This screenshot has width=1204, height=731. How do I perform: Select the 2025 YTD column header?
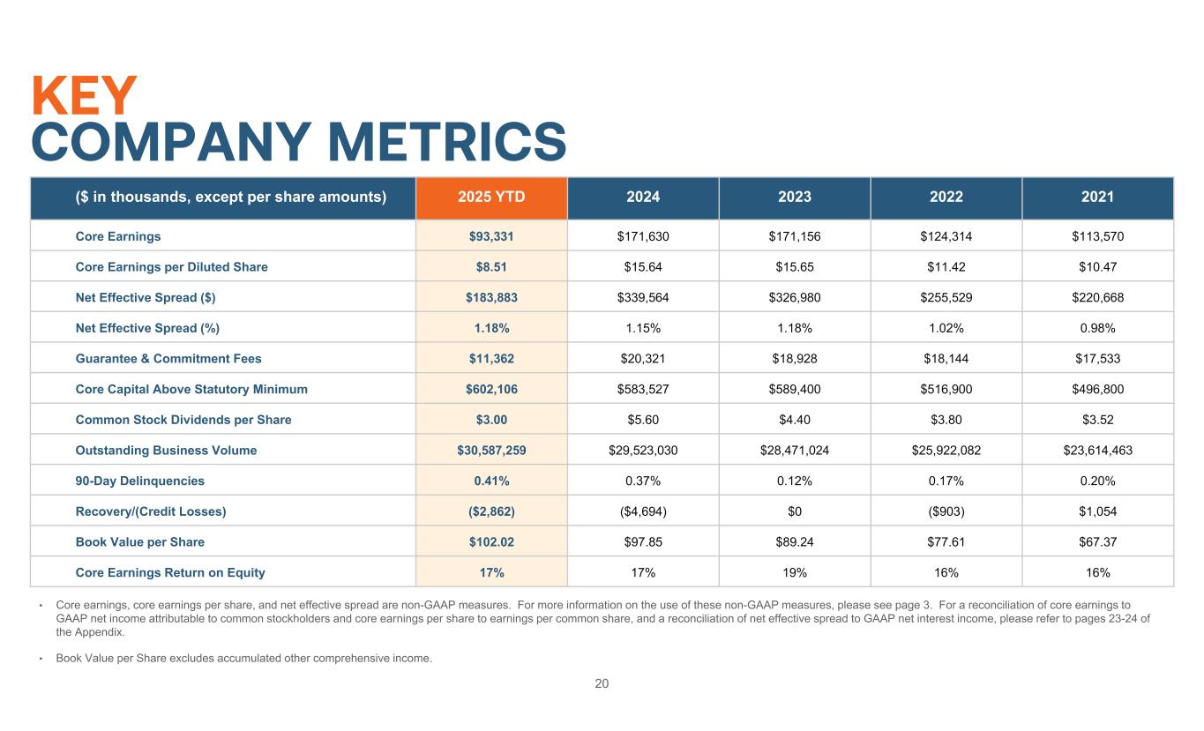point(491,198)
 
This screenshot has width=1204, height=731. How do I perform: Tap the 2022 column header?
point(946,198)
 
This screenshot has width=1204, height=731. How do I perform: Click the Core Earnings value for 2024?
point(643,236)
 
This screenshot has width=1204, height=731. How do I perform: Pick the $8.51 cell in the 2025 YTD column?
point(491,267)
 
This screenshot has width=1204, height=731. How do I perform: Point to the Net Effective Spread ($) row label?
point(146,297)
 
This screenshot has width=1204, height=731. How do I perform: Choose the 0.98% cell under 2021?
point(1097,328)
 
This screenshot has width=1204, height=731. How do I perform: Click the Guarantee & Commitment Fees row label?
point(168,359)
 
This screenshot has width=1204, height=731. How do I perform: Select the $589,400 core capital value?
point(794,389)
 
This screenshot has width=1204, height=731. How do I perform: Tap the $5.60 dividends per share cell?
point(643,420)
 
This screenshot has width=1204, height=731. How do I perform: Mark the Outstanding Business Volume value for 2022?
point(946,451)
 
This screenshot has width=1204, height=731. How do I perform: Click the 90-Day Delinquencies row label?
point(139,481)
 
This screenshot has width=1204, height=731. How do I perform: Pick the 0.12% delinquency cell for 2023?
point(794,481)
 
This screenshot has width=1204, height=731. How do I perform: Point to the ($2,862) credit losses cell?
point(491,511)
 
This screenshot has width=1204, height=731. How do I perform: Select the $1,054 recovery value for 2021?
point(1097,511)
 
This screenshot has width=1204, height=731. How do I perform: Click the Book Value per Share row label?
point(139,541)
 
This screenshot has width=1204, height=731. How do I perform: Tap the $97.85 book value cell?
point(643,541)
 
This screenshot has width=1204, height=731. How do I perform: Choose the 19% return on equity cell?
point(794,572)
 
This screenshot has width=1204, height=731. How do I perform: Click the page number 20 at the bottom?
point(602,683)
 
